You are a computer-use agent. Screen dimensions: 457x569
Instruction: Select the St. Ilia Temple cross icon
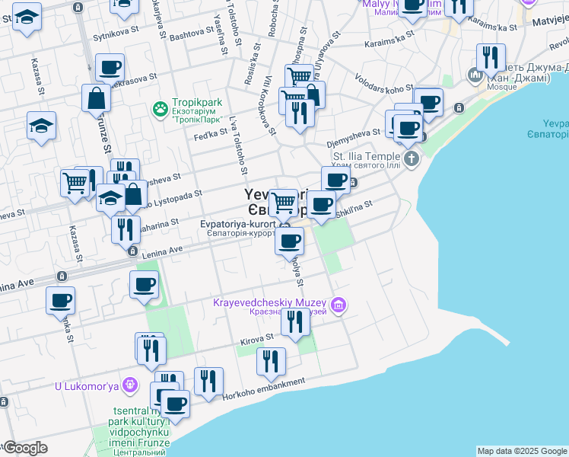coord(412,159)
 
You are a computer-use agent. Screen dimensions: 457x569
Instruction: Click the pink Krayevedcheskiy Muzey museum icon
coord(339,306)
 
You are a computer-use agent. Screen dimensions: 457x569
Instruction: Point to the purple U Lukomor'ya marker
coord(132,385)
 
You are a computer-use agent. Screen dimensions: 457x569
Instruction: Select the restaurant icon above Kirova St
coord(295,321)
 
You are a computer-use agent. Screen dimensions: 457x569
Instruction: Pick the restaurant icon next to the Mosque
coord(491,57)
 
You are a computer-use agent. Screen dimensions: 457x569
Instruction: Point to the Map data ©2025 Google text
coord(522,451)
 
